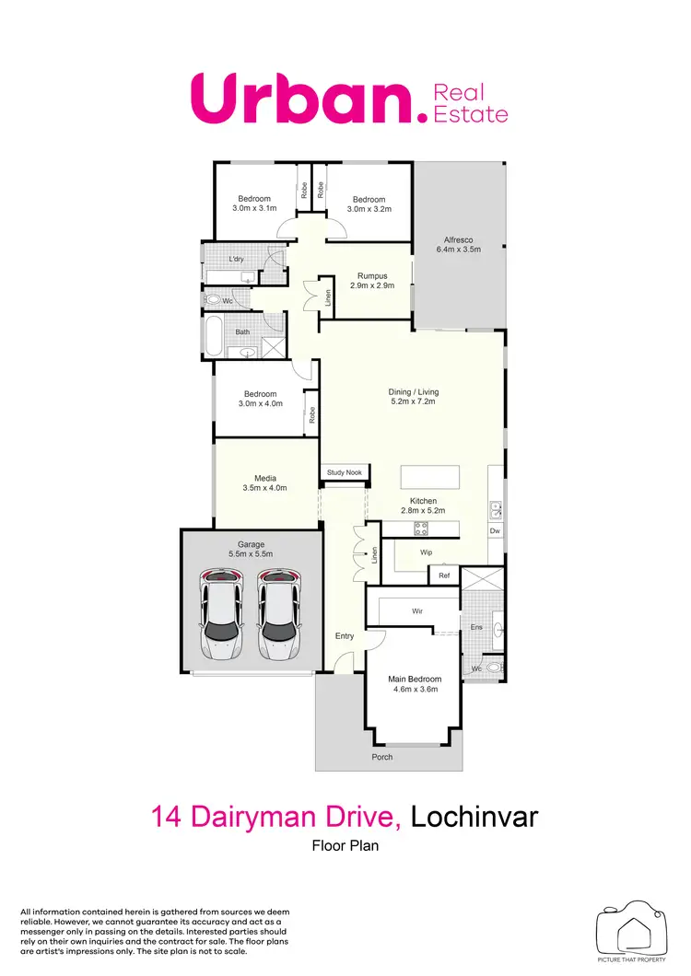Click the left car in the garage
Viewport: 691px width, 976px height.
click(222, 615)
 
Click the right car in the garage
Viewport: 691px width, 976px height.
click(279, 615)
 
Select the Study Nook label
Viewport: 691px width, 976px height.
click(345, 473)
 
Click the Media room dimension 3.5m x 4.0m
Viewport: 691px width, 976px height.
click(264, 488)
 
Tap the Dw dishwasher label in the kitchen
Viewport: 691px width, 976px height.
click(495, 530)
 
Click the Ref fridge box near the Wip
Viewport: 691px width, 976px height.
click(443, 575)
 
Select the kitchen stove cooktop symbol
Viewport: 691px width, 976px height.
click(421, 528)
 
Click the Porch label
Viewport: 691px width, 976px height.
click(381, 757)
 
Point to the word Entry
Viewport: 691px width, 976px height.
click(345, 635)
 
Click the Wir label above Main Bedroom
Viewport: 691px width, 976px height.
click(416, 610)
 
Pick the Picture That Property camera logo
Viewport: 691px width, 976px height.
click(631, 931)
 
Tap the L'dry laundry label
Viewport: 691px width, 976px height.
click(236, 259)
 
